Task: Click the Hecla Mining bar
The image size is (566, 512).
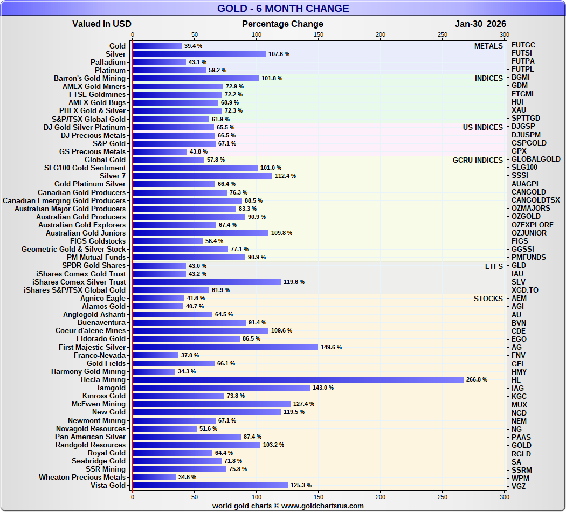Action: click(x=298, y=380)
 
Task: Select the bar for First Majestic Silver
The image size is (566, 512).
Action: click(x=225, y=347)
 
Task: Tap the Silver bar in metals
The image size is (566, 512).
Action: click(x=199, y=54)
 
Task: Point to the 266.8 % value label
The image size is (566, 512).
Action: click(x=477, y=380)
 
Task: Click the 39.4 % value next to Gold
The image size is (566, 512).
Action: click(x=193, y=46)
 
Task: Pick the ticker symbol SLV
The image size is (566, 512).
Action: click(x=519, y=282)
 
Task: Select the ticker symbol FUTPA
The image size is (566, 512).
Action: click(x=523, y=61)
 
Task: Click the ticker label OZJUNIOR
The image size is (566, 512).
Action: click(x=529, y=233)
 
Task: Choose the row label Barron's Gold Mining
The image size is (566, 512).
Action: click(x=89, y=78)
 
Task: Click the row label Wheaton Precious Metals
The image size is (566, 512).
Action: click(x=82, y=477)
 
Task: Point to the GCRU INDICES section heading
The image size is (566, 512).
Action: click(x=478, y=160)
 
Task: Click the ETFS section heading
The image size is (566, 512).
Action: click(x=494, y=266)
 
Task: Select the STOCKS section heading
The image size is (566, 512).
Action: click(x=488, y=299)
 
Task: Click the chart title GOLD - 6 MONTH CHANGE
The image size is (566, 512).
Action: click(x=283, y=9)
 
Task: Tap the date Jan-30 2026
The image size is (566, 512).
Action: click(x=480, y=24)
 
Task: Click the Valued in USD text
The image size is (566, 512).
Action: click(x=102, y=24)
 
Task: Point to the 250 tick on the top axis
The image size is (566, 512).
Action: click(x=443, y=34)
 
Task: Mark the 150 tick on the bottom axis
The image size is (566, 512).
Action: click(x=319, y=496)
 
